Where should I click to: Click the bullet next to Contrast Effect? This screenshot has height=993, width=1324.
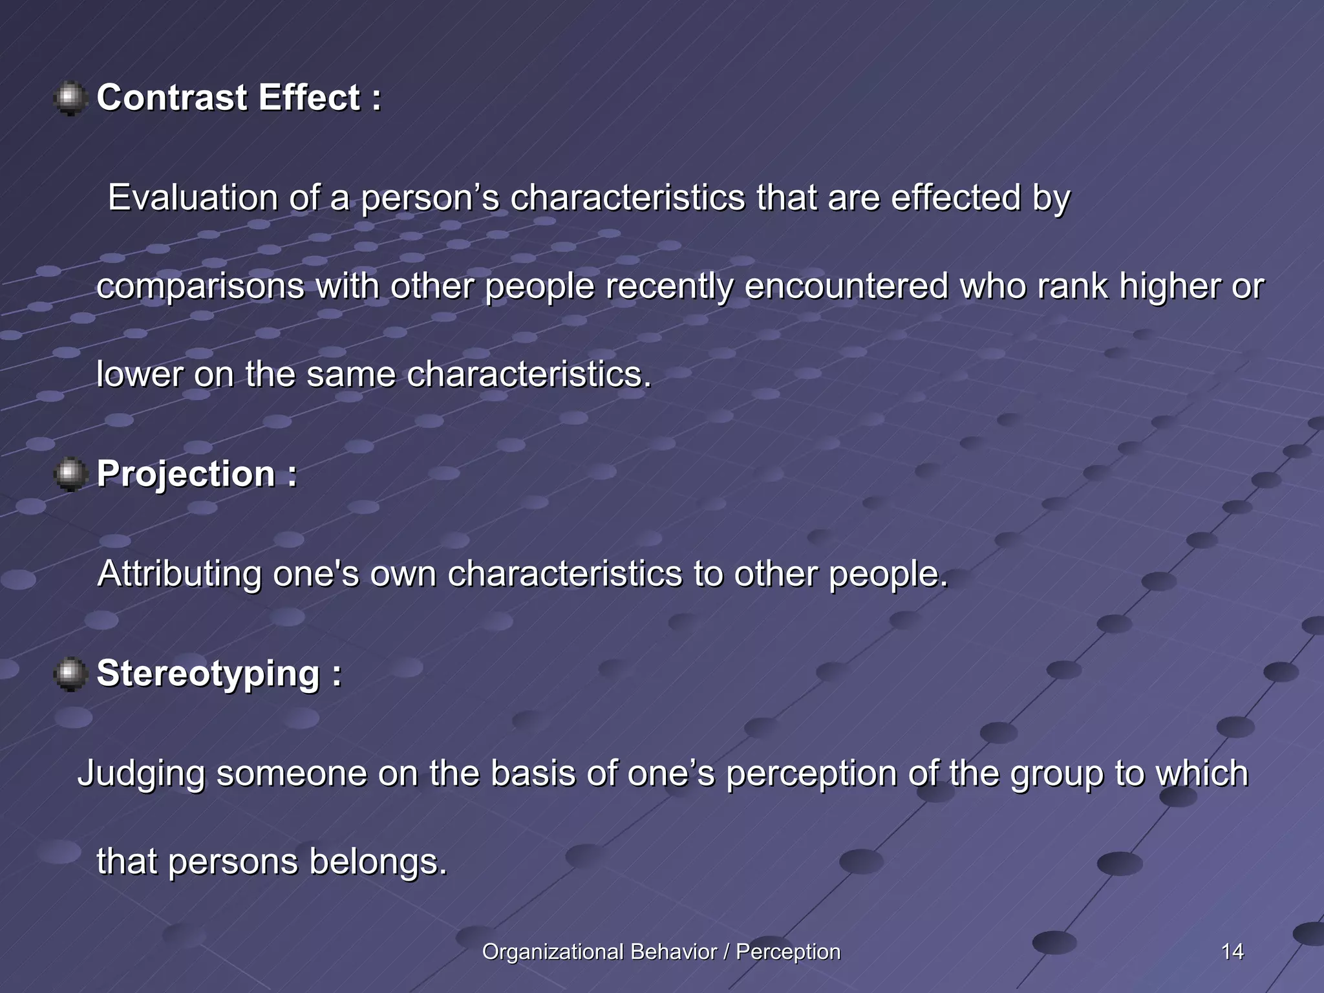70,99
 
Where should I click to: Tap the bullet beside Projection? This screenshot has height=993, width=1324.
70,475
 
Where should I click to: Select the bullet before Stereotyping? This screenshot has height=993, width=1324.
70,674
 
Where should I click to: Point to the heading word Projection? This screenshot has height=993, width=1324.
186,474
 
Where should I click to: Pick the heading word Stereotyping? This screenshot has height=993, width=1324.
208,674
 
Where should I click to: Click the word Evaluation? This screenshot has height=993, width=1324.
192,197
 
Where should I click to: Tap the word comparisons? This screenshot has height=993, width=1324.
200,286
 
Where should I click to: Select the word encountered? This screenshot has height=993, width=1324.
846,286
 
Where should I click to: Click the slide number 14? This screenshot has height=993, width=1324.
1232,952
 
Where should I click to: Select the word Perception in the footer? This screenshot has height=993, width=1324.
788,952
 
